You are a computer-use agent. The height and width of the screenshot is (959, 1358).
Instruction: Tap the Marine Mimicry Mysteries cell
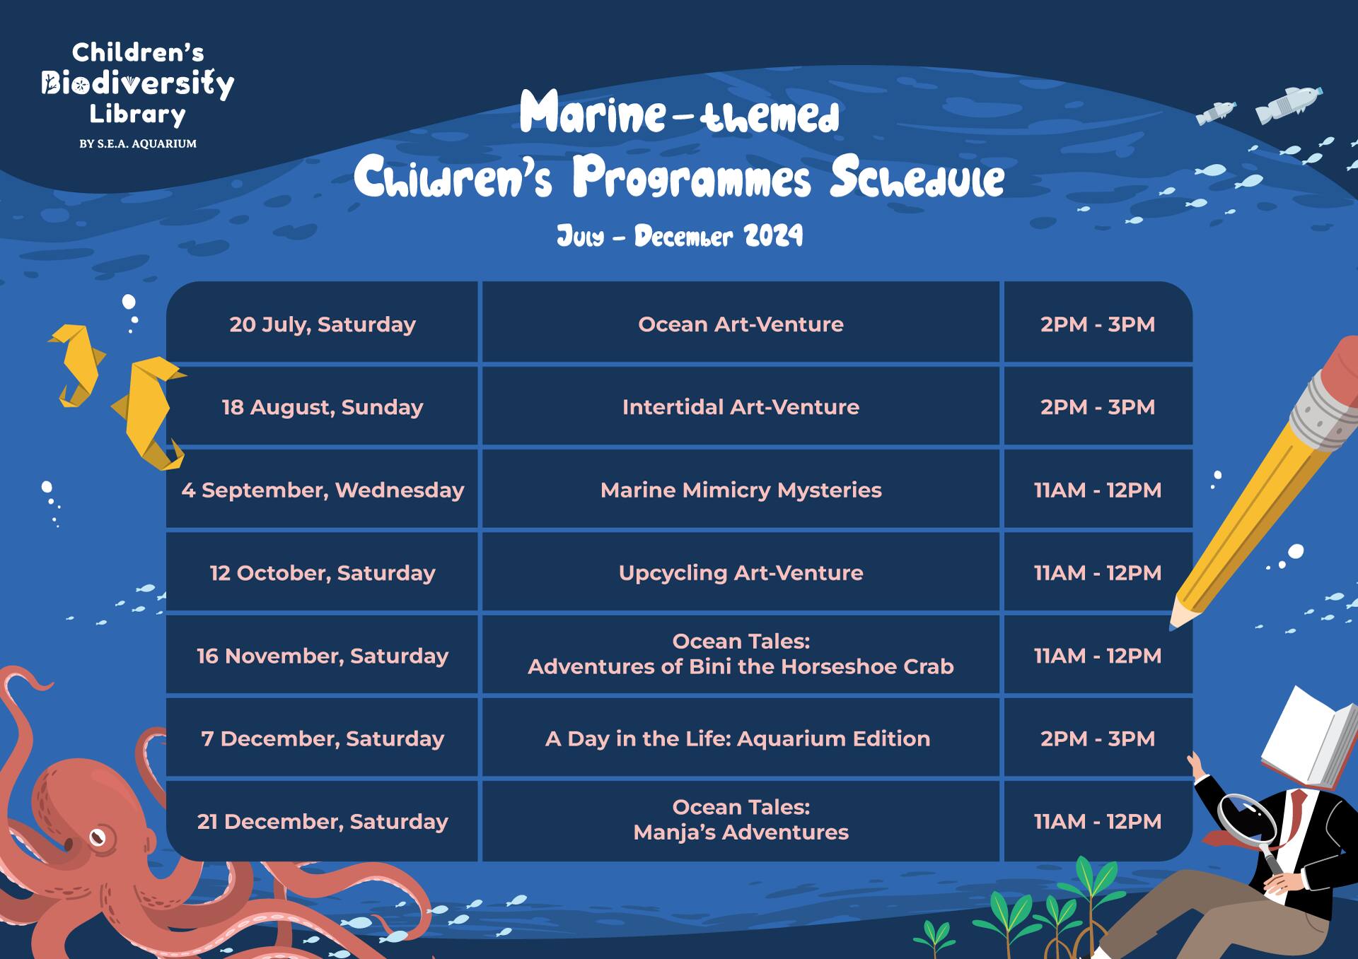(741, 489)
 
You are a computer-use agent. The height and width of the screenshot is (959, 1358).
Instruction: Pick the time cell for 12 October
(1098, 572)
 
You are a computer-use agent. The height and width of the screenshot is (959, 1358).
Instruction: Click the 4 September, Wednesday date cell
(323, 489)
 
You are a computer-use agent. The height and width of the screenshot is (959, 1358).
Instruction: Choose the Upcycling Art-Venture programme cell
(741, 572)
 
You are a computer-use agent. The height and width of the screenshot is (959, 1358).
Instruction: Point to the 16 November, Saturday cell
(323, 654)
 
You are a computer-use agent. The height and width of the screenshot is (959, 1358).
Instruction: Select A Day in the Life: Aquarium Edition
(741, 737)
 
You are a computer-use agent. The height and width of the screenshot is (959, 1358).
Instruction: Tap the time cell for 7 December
(1098, 737)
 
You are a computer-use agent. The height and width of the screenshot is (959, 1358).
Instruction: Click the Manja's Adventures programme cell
(741, 820)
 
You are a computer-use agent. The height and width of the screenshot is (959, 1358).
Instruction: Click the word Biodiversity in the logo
(137, 83)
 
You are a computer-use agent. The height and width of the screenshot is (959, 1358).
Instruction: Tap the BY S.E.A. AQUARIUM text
(138, 143)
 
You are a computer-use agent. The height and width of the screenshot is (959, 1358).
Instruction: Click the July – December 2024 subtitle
(680, 235)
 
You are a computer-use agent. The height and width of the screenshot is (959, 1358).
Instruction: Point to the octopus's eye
(98, 837)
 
